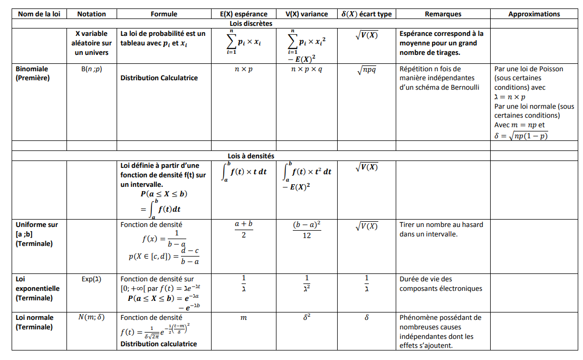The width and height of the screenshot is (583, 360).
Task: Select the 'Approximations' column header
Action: (x=534, y=14)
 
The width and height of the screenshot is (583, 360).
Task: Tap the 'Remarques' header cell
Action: (x=442, y=14)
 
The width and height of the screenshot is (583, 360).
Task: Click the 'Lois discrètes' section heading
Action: (x=251, y=23)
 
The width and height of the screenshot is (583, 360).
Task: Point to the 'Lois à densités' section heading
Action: (x=251, y=156)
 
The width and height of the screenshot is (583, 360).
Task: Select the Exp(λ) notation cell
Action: (x=91, y=279)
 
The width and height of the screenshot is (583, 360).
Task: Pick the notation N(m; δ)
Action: (x=91, y=318)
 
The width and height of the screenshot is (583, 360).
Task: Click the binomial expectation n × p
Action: (x=244, y=69)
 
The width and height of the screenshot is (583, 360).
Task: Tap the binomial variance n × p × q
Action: (x=306, y=69)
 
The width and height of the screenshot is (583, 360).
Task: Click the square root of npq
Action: (x=366, y=70)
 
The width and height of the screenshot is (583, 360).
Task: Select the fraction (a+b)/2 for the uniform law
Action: (x=243, y=229)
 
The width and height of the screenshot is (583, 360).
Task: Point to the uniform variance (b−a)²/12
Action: (x=307, y=230)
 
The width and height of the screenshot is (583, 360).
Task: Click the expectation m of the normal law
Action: (x=244, y=318)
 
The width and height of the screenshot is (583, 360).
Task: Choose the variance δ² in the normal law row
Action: (x=307, y=318)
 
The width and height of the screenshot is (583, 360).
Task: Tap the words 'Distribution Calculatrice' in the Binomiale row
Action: (x=159, y=78)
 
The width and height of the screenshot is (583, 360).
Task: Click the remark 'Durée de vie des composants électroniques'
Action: (x=441, y=284)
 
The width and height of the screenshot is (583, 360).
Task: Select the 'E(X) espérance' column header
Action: (x=243, y=14)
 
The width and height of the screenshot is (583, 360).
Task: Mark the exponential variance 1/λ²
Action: (x=307, y=283)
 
